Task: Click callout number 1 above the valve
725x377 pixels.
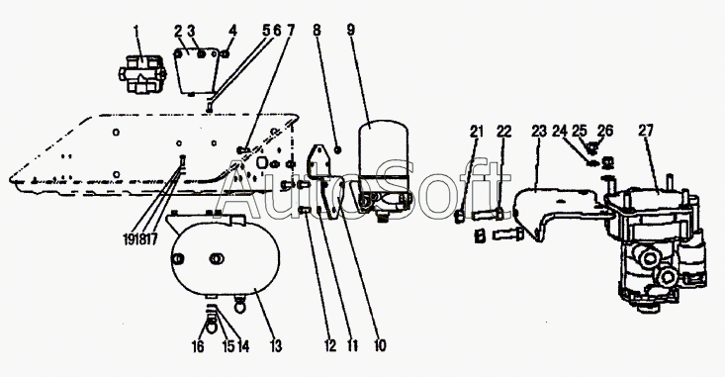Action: click(x=136, y=32)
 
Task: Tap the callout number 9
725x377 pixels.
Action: click(x=351, y=30)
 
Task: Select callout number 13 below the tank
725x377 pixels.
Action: click(x=276, y=346)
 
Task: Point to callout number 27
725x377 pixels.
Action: click(x=646, y=131)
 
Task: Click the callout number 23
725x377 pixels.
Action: click(x=539, y=131)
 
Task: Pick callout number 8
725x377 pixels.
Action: click(x=317, y=30)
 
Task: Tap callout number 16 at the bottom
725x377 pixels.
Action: click(x=198, y=346)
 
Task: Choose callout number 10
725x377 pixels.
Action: click(x=380, y=345)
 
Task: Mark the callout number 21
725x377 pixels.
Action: click(x=477, y=132)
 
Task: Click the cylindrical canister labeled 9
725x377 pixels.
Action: click(x=384, y=169)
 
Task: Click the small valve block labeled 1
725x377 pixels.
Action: click(x=141, y=74)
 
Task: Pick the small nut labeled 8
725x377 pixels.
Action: click(x=338, y=149)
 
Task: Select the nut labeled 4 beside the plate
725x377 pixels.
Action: click(x=226, y=54)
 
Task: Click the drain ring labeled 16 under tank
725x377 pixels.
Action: click(x=211, y=327)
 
